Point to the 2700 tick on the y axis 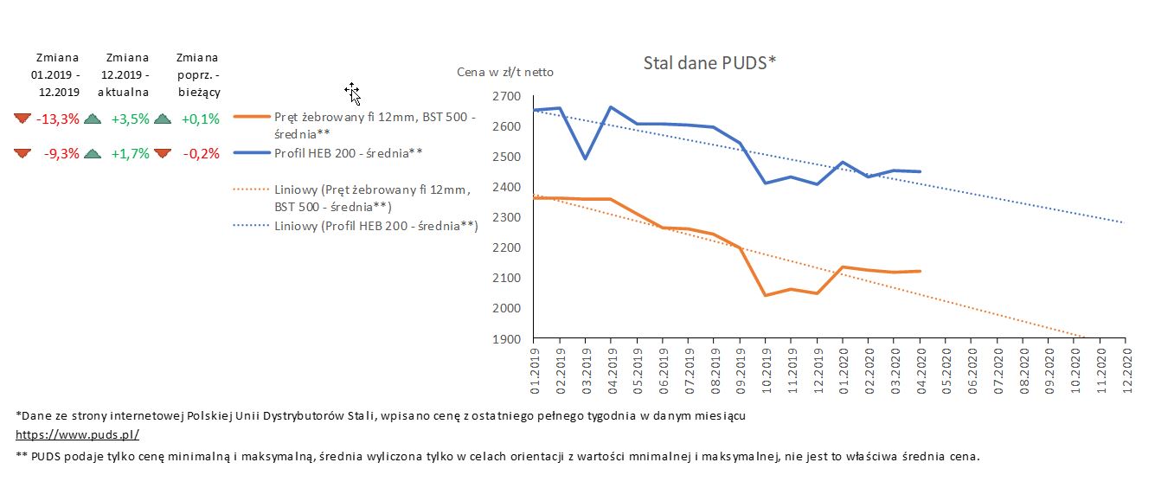507,96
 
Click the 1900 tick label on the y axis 507,338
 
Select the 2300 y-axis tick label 507,217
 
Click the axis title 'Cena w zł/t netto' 505,72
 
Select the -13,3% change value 57,119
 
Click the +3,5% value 130,119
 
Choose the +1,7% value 130,154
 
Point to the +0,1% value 200,119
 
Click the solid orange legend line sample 252,116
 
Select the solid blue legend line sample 252,153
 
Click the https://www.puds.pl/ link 77,435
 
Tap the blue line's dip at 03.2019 586,158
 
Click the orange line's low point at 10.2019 766,295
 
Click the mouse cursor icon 352,93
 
